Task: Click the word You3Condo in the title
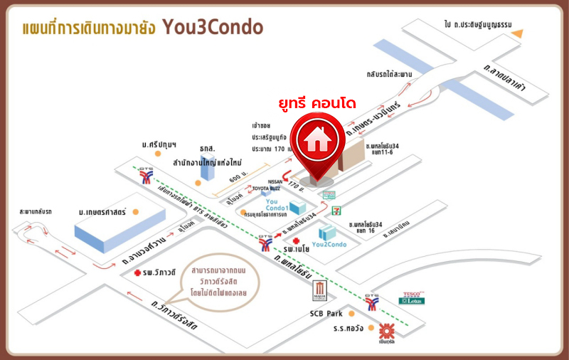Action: pyautogui.click(x=213, y=27)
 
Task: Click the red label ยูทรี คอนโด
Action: pyautogui.click(x=317, y=105)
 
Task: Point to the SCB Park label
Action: pyautogui.click(x=326, y=313)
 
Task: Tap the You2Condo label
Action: pyautogui.click(x=329, y=245)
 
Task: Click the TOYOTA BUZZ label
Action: pyautogui.click(x=267, y=189)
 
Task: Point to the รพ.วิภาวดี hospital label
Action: pyautogui.click(x=158, y=273)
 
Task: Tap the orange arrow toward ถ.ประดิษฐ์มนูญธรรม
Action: pyautogui.click(x=522, y=33)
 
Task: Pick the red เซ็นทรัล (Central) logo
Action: pyautogui.click(x=386, y=331)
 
